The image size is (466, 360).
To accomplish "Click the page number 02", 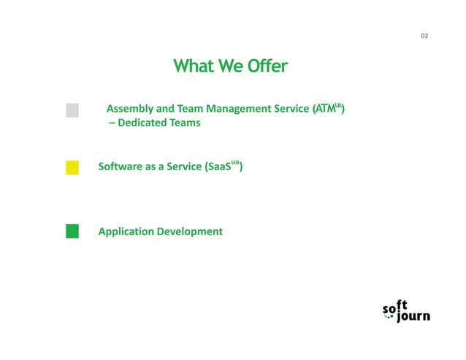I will (424, 36).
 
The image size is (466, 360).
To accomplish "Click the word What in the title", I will (193, 67).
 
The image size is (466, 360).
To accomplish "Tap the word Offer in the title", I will (267, 67).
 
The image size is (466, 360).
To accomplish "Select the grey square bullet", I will (72, 110).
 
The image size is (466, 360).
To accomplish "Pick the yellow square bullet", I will (72, 167).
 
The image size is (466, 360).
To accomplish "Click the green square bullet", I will (72, 231).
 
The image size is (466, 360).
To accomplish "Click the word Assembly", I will (129, 110).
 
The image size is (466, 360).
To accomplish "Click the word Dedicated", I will (143, 123).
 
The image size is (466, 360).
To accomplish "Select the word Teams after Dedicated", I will (186, 123).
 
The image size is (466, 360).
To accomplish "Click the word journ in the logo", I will (414, 316).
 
